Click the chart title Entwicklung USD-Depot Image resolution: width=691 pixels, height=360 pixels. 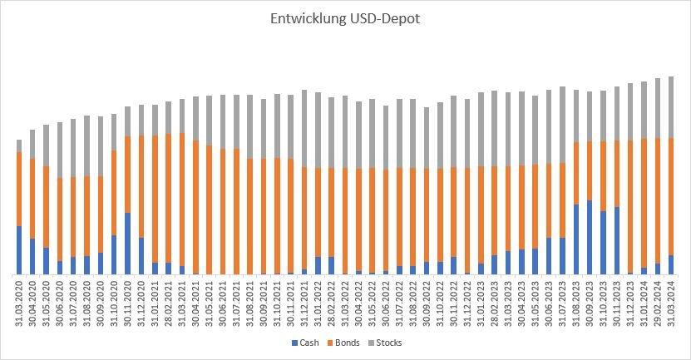[x=344, y=18]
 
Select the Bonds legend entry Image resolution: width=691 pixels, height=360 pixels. [x=343, y=343]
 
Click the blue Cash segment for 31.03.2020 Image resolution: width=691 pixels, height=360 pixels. [x=19, y=249]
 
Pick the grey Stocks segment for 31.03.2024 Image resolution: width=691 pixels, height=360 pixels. [x=671, y=107]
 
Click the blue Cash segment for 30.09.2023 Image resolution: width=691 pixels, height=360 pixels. [x=590, y=237]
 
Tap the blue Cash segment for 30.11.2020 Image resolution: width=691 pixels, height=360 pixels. [x=128, y=243]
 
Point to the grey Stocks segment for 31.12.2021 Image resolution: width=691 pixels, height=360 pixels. [x=304, y=128]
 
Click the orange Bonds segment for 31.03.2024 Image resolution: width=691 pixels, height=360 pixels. [x=671, y=196]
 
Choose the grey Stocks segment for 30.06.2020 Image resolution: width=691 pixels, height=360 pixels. [x=60, y=150]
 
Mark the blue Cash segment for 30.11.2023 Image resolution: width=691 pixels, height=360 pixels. [x=617, y=240]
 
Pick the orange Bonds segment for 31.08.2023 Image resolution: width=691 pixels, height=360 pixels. [x=576, y=173]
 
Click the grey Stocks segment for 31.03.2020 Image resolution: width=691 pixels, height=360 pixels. [x=19, y=145]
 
